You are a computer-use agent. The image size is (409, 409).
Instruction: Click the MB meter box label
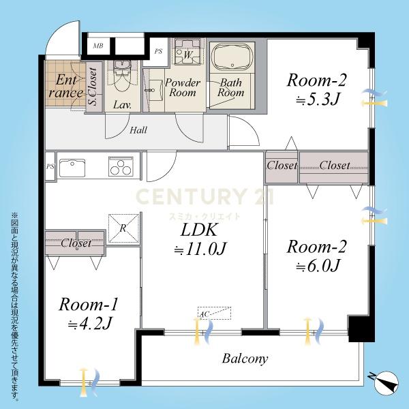(x=98, y=46)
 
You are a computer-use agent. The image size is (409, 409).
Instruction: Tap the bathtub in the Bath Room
(x=232, y=57)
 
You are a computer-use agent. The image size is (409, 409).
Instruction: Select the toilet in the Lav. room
(x=122, y=76)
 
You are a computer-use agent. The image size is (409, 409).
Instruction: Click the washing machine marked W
(x=187, y=52)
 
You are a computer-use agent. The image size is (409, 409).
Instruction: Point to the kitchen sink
(x=72, y=168)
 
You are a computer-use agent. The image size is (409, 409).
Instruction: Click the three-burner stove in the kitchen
(x=121, y=166)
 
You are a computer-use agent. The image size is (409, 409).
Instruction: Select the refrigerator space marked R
(x=123, y=228)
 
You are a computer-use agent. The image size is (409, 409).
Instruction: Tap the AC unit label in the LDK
(x=204, y=314)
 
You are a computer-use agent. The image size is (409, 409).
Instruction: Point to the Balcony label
(x=245, y=359)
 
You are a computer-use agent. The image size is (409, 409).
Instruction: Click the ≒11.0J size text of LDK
(x=200, y=249)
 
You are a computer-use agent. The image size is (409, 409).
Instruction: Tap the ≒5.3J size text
(x=318, y=100)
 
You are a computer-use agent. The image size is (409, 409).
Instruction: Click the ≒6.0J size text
(x=318, y=266)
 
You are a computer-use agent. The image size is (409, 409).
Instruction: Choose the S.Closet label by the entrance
(x=93, y=87)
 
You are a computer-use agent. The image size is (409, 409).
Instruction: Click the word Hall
(x=138, y=130)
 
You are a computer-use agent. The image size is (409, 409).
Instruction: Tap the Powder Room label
(x=183, y=88)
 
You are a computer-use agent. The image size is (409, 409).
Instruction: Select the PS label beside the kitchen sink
(x=50, y=166)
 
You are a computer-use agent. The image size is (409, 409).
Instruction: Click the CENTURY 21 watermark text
(x=204, y=197)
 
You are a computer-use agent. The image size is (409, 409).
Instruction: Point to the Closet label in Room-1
(x=76, y=243)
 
